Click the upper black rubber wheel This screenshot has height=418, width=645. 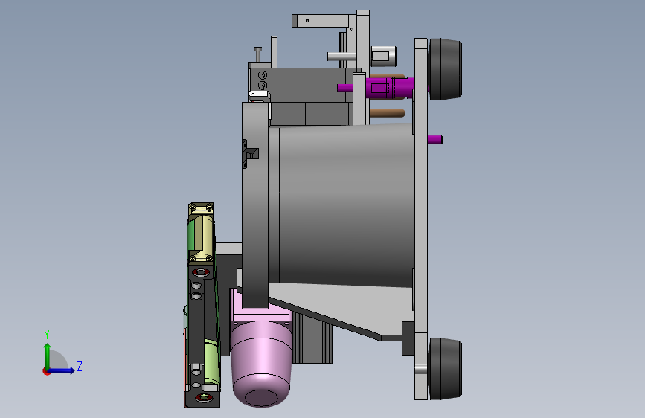[x=445, y=69]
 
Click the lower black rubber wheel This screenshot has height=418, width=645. [x=445, y=369]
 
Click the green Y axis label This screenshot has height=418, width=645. [x=47, y=335]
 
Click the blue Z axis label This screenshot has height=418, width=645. [x=80, y=366]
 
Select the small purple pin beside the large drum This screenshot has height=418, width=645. [x=434, y=140]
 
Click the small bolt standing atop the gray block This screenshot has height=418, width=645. [x=258, y=54]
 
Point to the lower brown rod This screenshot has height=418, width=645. [x=387, y=113]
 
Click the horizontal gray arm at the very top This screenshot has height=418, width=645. [x=320, y=21]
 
